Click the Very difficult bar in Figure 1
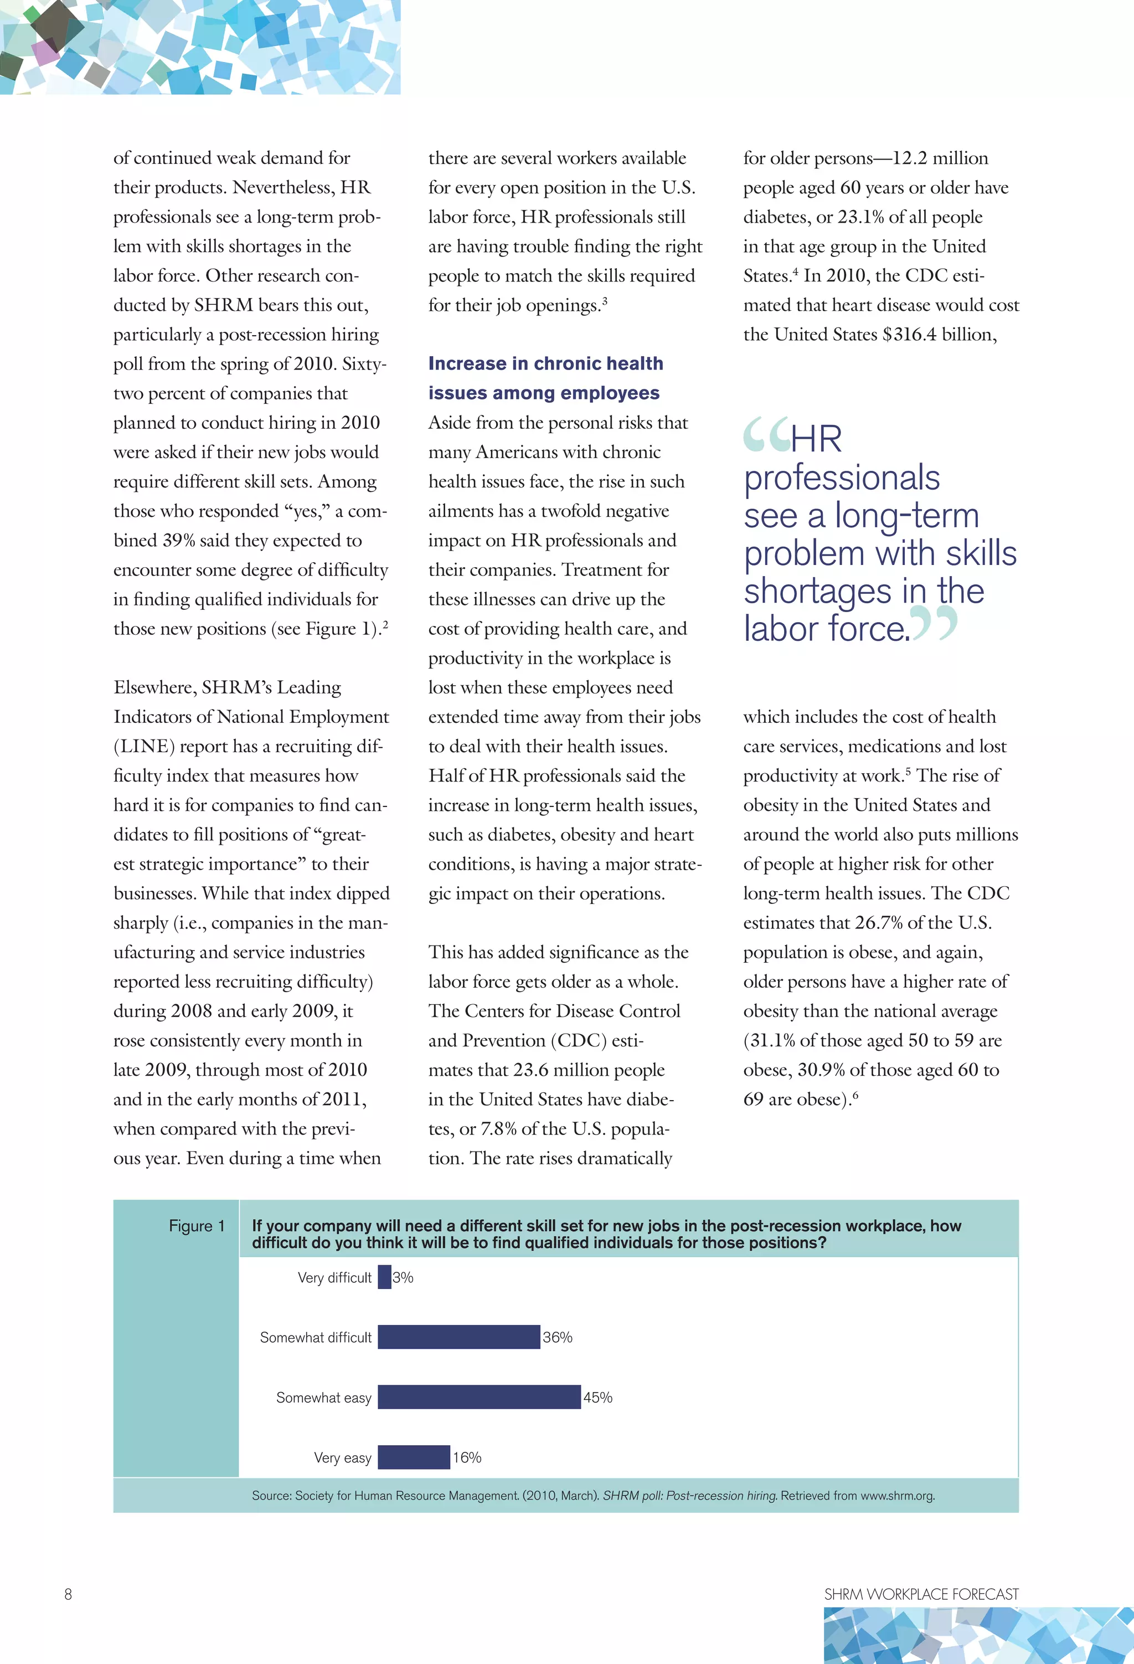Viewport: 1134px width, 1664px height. tap(384, 1277)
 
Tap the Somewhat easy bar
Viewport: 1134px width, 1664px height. tap(478, 1397)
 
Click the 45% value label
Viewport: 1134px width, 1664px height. tap(598, 1398)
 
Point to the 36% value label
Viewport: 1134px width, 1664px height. tap(557, 1338)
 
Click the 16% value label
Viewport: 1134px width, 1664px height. tap(467, 1458)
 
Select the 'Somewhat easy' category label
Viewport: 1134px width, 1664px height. tap(323, 1398)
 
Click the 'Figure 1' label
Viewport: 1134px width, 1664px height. tap(196, 1226)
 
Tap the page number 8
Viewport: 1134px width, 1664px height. tap(68, 1594)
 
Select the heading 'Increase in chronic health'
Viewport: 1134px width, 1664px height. tap(545, 364)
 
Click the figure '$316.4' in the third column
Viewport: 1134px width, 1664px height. tap(909, 335)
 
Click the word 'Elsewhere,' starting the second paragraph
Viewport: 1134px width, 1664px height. tap(154, 687)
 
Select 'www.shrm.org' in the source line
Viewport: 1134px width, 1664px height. tap(897, 1496)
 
